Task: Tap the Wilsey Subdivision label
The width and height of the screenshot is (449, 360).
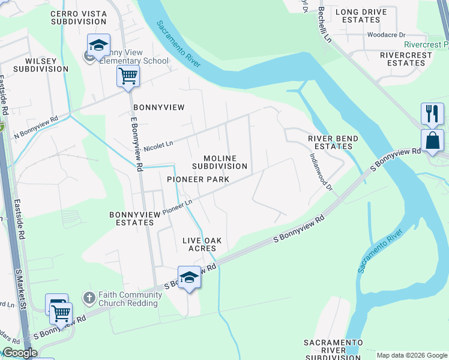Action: click(x=38, y=65)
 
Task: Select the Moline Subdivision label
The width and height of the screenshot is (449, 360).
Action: click(x=220, y=162)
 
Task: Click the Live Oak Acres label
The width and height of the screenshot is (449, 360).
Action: click(x=202, y=244)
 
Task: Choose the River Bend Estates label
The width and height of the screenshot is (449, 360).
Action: click(x=333, y=142)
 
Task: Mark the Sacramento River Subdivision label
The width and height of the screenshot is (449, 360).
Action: click(x=333, y=350)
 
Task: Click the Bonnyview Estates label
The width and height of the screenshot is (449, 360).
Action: click(x=131, y=218)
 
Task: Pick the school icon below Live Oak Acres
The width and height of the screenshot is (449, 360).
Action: click(x=189, y=277)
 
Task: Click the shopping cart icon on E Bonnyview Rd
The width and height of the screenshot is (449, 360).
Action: click(x=128, y=76)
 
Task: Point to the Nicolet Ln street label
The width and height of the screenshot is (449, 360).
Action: click(x=158, y=145)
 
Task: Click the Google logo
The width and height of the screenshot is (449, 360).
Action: click(x=20, y=353)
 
